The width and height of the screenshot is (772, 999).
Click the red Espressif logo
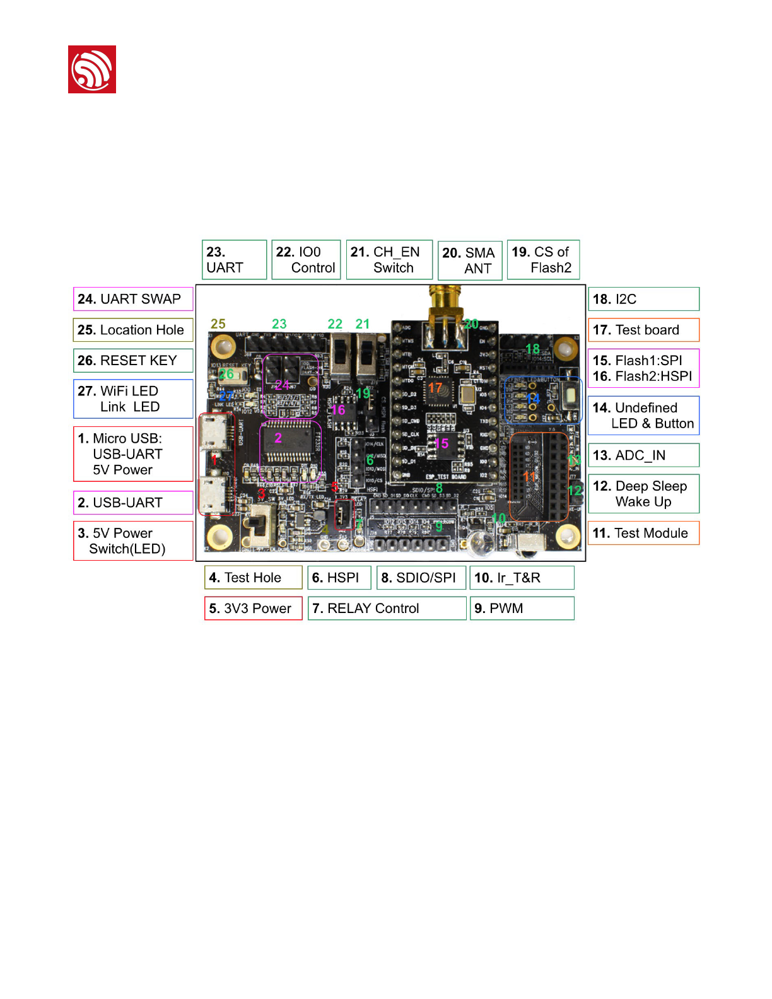tap(92, 69)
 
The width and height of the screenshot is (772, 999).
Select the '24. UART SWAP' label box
tap(133, 299)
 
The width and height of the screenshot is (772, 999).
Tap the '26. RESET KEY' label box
tap(133, 361)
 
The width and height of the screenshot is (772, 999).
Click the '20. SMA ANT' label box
tap(470, 260)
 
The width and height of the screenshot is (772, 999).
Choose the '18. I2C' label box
tap(643, 299)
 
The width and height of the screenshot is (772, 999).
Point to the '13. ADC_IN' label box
tap(643, 455)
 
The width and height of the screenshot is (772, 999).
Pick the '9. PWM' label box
tap(522, 609)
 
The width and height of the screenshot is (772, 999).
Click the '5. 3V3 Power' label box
tap(253, 609)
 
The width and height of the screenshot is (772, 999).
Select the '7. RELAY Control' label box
tap(387, 609)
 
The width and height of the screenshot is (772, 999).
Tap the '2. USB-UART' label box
tap(133, 503)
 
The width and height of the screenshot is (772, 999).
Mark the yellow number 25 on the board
tap(218, 324)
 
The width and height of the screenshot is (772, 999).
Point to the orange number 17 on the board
tap(435, 388)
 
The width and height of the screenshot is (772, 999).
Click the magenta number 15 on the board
tap(442, 443)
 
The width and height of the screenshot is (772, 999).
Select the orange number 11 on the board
tap(529, 477)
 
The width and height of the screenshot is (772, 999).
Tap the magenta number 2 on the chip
tap(278, 438)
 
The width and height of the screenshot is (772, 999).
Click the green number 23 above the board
tap(279, 324)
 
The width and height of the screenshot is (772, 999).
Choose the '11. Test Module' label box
tap(643, 534)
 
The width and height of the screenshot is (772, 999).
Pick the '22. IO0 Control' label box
tap(306, 260)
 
